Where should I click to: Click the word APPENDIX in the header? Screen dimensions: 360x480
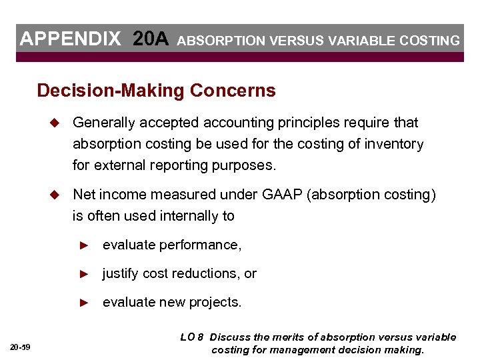[70, 39]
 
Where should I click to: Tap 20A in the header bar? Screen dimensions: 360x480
[151, 39]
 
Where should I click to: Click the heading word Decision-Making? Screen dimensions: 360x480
[111, 90]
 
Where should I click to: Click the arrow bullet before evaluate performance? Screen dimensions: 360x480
[83, 245]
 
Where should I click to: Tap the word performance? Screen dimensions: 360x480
[199, 245]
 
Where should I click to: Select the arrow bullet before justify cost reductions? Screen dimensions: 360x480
[83, 274]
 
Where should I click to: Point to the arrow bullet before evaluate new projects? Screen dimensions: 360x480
[83, 303]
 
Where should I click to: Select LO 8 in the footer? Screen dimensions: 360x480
[192, 337]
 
